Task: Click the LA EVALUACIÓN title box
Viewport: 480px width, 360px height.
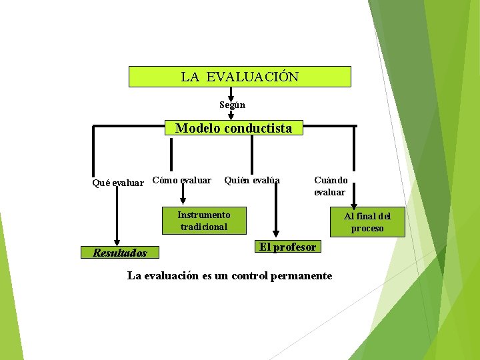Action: coord(239,77)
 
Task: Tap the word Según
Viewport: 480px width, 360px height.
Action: coord(233,105)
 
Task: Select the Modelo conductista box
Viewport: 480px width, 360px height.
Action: coord(233,128)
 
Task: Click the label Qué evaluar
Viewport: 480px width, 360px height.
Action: coord(117,183)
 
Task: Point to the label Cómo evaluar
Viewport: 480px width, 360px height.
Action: coord(181,180)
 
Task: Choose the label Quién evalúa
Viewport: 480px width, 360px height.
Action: coord(252,180)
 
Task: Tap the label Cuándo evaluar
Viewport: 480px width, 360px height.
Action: coord(330,186)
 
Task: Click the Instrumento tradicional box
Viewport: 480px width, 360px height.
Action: coord(204,221)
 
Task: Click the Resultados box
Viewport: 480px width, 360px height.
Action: coord(120,253)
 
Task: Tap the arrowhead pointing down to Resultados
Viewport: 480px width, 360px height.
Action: coord(117,243)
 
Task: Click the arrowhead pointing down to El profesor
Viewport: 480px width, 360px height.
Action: coord(270,234)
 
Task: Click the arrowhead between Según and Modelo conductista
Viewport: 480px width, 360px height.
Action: coord(231,115)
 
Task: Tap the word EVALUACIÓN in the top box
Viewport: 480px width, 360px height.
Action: coord(253,77)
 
